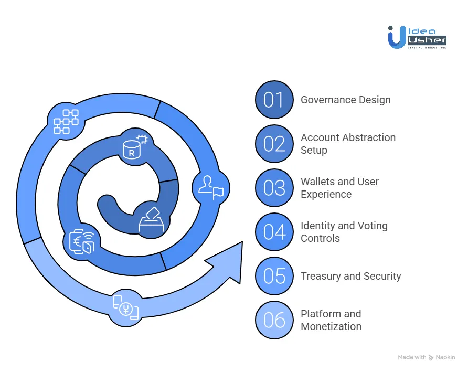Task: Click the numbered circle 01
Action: [x=274, y=100]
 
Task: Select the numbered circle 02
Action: [x=274, y=144]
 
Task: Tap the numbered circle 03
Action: [x=274, y=188]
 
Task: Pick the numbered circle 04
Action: [x=274, y=232]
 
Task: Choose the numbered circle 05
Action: [x=274, y=276]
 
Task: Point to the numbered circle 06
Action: [x=274, y=320]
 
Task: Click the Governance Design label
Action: [x=345, y=100]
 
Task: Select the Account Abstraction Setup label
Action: [x=348, y=144]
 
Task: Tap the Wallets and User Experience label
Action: [x=339, y=188]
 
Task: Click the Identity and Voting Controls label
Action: [x=344, y=232]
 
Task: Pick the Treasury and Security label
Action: [x=350, y=276]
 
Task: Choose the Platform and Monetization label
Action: [x=331, y=320]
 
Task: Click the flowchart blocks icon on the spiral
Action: [x=66, y=122]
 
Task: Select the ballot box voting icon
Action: [x=151, y=220]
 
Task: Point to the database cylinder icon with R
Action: [x=133, y=145]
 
